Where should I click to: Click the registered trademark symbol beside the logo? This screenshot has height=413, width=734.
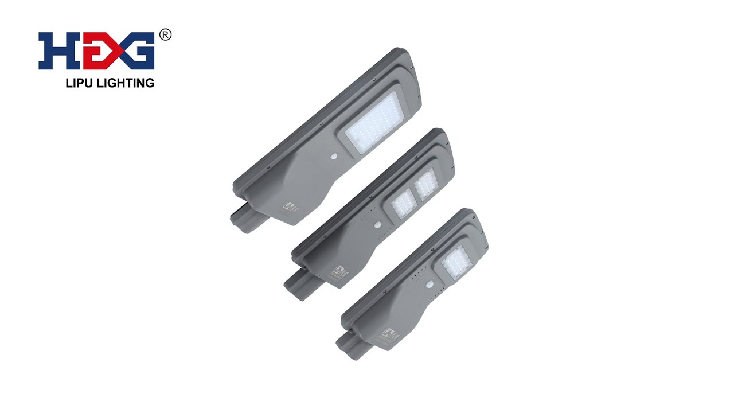click(165, 35)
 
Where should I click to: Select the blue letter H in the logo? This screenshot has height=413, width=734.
click(53, 51)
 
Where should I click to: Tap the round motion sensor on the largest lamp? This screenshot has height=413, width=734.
click(333, 156)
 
